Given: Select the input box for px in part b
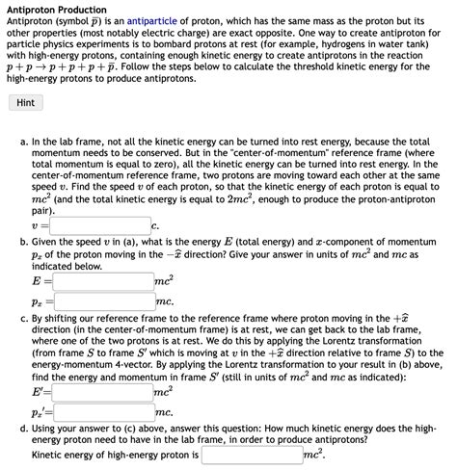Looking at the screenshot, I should (x=103, y=301).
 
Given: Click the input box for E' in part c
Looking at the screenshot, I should (x=103, y=392).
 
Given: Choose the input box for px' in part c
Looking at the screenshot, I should (x=103, y=412).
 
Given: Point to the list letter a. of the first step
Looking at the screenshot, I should (x=24, y=141).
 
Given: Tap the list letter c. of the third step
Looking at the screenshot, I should (x=24, y=315).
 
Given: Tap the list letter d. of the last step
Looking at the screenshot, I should (x=24, y=427).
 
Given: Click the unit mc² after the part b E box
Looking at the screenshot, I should (x=164, y=280).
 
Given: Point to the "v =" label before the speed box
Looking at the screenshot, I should (x=40, y=224).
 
